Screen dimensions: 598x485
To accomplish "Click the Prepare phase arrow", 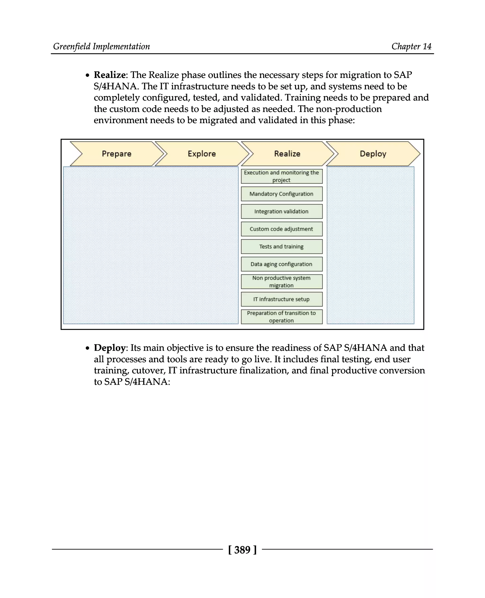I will pyautogui.click(x=117, y=154).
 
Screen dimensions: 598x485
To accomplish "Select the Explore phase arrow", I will pyautogui.click(x=202, y=154).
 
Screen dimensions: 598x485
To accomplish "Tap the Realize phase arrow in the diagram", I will pyautogui.click(x=287, y=154).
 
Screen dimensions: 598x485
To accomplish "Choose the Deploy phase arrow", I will pyautogui.click(x=373, y=154).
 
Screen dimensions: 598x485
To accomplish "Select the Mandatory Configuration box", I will pyautogui.click(x=282, y=194).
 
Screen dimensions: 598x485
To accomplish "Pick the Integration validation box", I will pyautogui.click(x=282, y=211).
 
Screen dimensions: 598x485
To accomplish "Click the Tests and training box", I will pyautogui.click(x=282, y=247).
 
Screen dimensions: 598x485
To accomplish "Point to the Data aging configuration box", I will pyautogui.click(x=282, y=264).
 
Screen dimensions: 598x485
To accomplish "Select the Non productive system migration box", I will pyautogui.click(x=282, y=282).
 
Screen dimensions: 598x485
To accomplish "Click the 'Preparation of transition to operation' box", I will pyautogui.click(x=282, y=317).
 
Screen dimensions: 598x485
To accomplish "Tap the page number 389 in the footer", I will pyautogui.click(x=242, y=550).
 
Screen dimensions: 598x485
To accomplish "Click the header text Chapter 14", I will pyautogui.click(x=411, y=46).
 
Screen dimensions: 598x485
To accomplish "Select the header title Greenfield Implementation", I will pyautogui.click(x=101, y=46).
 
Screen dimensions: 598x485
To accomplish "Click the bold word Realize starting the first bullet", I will pyautogui.click(x=109, y=75).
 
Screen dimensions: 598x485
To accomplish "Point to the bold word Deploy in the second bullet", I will pyautogui.click(x=109, y=348).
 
